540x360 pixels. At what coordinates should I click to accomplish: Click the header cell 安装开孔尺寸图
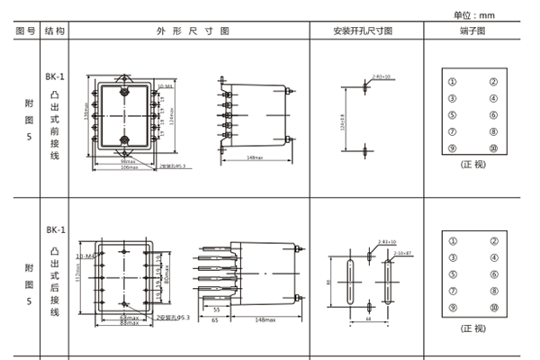(363, 30)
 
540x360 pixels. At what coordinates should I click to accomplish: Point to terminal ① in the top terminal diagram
(453, 82)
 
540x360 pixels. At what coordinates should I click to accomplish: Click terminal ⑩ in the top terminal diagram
(493, 148)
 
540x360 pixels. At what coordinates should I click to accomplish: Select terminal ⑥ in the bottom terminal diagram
(493, 274)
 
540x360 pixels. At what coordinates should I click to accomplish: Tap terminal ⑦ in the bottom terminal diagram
(453, 292)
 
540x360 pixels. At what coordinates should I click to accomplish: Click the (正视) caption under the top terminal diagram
(472, 165)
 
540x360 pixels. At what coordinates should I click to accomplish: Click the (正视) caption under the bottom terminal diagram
(472, 328)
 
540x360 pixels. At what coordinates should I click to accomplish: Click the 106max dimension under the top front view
(128, 167)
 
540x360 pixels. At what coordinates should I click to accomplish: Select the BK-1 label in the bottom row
(56, 230)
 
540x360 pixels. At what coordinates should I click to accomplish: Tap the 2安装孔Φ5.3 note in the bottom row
(174, 319)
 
